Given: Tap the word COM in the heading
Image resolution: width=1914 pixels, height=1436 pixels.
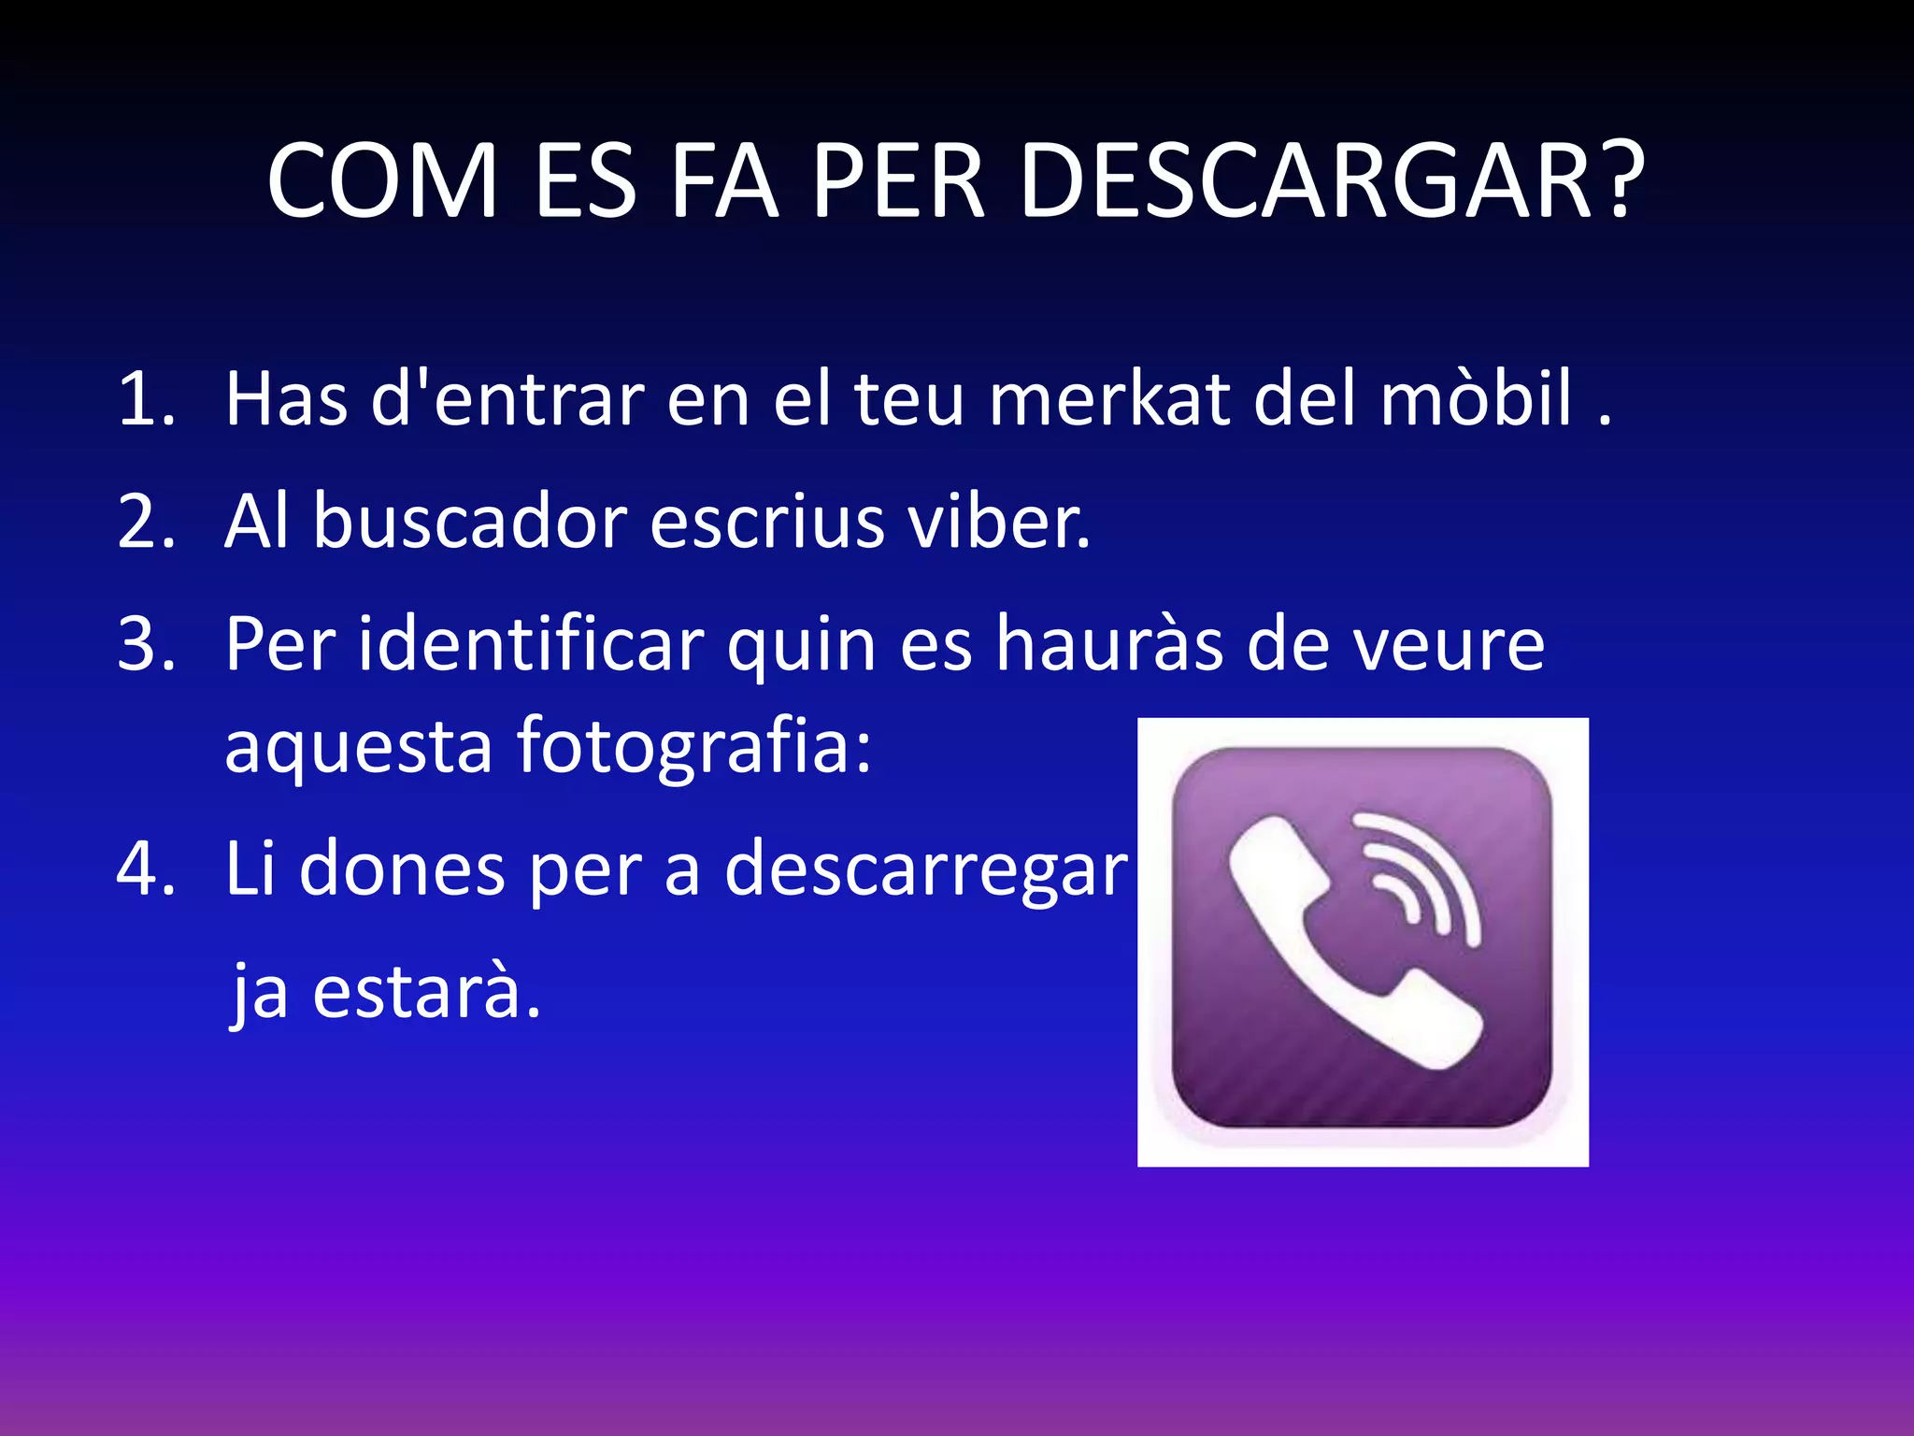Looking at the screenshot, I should coord(382,181).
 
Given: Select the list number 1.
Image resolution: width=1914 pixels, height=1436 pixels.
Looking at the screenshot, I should coord(145,400).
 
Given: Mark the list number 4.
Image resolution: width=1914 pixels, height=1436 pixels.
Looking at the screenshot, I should coord(146,869).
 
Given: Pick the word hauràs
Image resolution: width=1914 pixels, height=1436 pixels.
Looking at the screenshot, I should coord(1108,644).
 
